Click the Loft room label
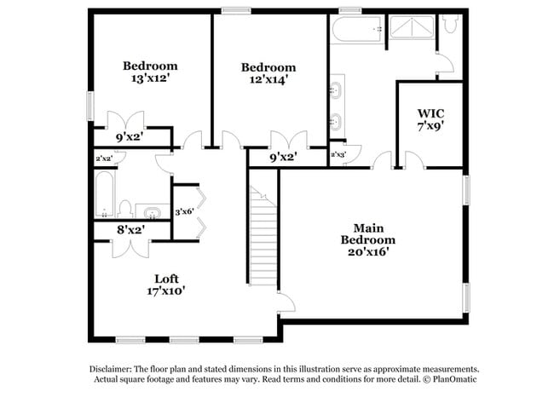pos(167,279)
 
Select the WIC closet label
pos(430,113)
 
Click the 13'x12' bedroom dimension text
pos(150,79)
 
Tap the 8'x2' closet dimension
pos(130,229)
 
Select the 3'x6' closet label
pos(185,211)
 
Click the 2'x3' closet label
pos(339,154)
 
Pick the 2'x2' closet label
pos(104,158)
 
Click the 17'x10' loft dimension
pos(167,291)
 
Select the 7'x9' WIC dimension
pos(430,126)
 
